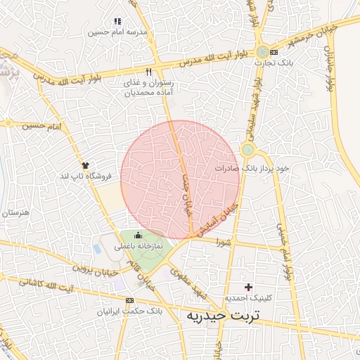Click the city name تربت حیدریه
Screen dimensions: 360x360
tap(222, 316)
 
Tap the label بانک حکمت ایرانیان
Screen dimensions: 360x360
tap(129, 310)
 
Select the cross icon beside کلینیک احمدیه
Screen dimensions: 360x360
tap(247, 287)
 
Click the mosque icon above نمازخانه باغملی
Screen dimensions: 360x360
tap(138, 236)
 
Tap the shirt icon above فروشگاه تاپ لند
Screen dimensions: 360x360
tap(86, 163)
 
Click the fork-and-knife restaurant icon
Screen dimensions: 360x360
tap(148, 72)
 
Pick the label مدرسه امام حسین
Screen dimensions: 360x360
tap(117, 32)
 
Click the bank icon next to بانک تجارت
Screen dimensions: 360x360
tap(274, 52)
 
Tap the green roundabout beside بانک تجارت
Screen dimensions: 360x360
tap(262, 52)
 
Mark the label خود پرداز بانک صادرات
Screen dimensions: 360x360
tap(252, 169)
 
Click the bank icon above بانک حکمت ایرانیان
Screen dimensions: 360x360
tap(129, 300)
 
